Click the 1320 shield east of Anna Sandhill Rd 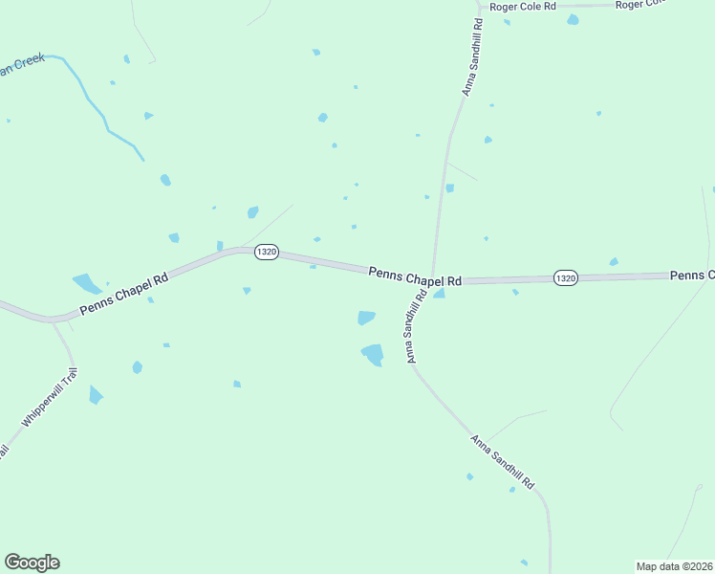[565, 277]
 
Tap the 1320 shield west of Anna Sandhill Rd [266, 252]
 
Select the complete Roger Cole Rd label [522, 7]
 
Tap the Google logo [32, 563]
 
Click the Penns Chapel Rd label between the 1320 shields [416, 276]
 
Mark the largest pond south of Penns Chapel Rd [373, 354]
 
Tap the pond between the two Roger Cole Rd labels [573, 19]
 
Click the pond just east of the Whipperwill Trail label [95, 394]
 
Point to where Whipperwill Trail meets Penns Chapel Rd [54, 320]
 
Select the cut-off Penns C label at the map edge [691, 276]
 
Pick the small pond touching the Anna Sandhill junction [439, 294]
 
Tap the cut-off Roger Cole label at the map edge [639, 5]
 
